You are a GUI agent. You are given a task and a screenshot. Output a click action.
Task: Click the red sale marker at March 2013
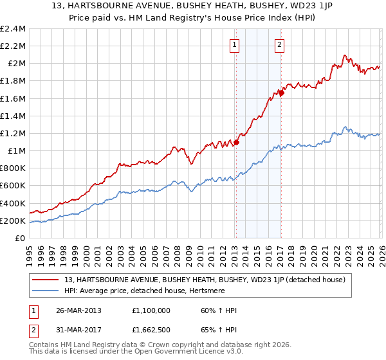(236, 142)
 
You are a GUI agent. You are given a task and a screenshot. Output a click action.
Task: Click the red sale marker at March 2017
(281, 93)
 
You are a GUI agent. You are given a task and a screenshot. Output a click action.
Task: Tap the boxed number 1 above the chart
(235, 45)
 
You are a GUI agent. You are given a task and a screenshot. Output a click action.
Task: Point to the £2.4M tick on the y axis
(13, 29)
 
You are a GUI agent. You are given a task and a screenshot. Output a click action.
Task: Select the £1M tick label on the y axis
(15, 151)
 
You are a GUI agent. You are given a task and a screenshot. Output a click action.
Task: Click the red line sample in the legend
(46, 280)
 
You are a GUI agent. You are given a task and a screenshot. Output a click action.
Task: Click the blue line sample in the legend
(46, 291)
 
